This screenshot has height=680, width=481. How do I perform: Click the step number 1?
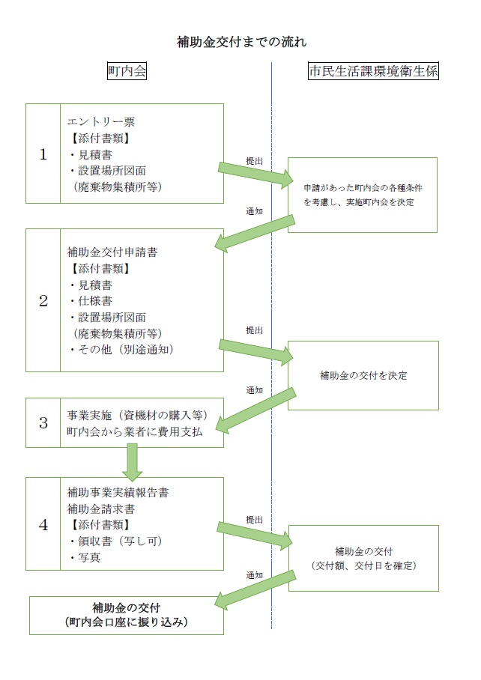(x=43, y=154)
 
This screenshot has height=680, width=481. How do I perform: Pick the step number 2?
(x=43, y=300)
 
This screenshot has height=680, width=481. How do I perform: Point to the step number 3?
(x=43, y=422)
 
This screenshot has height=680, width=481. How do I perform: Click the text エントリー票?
(x=101, y=122)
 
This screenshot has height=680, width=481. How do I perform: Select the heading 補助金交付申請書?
(x=112, y=252)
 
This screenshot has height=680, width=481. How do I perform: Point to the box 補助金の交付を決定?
(x=363, y=375)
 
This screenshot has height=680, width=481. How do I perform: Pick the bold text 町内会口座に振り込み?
(x=127, y=622)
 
